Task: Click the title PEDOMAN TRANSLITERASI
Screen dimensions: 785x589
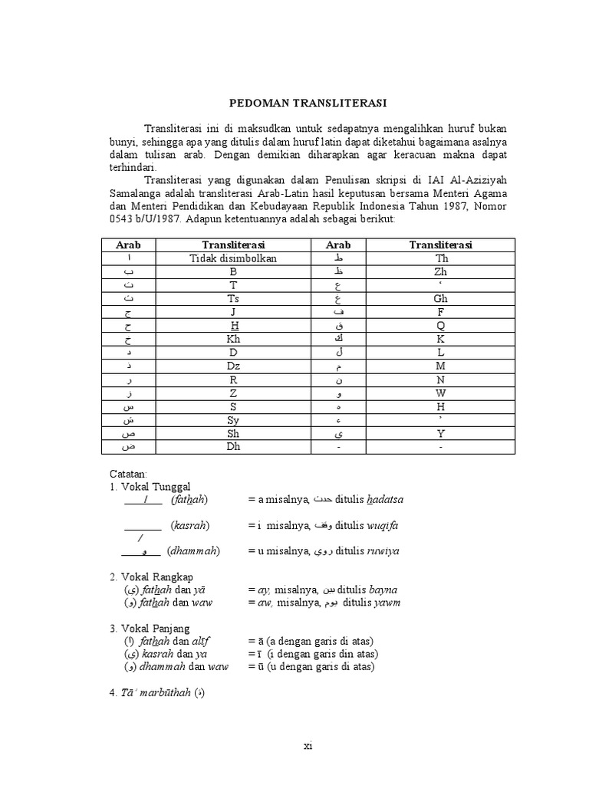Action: (308, 103)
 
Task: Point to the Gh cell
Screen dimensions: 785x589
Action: (440, 298)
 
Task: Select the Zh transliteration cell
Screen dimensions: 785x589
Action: (440, 271)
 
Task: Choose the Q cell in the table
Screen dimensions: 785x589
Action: (440, 326)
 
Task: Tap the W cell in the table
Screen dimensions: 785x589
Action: (440, 392)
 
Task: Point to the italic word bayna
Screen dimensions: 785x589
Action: (383, 590)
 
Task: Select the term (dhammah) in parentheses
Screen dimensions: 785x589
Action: (193, 550)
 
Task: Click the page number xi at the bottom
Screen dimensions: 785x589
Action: (308, 746)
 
